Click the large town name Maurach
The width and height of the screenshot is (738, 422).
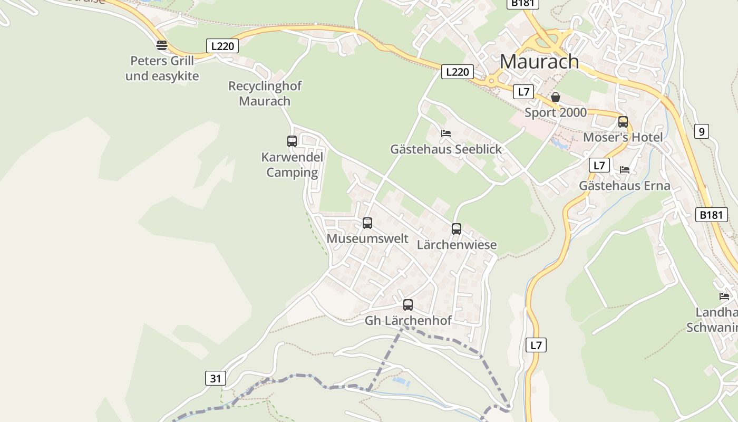tap(539, 62)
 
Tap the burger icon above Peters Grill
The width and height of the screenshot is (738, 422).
tap(162, 45)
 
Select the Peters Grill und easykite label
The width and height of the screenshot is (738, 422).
tap(162, 68)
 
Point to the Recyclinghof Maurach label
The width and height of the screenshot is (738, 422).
tap(265, 93)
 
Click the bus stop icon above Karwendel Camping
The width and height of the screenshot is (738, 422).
tap(292, 141)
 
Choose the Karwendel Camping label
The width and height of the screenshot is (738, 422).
tap(292, 165)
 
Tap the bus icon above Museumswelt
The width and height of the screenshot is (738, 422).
tap(367, 223)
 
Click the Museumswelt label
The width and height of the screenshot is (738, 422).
tap(367, 238)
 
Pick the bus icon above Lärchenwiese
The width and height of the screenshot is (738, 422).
tap(457, 229)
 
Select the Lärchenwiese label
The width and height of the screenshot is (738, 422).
tap(457, 245)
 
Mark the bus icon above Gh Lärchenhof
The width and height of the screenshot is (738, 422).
tap(408, 304)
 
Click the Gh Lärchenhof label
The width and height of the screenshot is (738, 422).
tap(408, 320)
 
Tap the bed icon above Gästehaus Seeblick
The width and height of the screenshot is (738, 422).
tap(446, 133)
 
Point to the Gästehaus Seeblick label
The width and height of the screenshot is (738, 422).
tap(446, 149)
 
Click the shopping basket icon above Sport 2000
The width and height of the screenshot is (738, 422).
tap(556, 97)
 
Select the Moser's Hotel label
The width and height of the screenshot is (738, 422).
tap(623, 138)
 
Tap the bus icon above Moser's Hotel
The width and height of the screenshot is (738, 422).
tap(623, 122)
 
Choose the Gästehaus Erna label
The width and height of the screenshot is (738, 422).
tap(625, 186)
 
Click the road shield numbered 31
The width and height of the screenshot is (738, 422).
tap(215, 378)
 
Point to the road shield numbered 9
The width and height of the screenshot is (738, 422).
tap(701, 131)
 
